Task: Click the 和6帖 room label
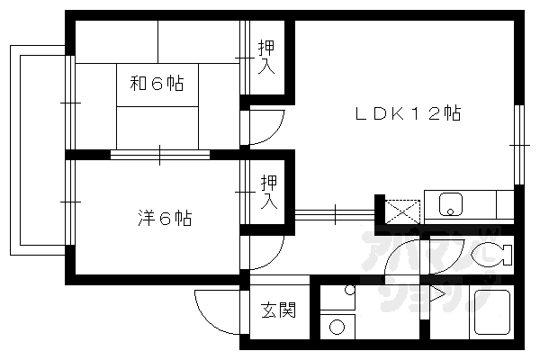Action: [x=157, y=84]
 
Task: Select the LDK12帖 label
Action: [x=407, y=114]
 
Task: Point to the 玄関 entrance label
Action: [x=278, y=311]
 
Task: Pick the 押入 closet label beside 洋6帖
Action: [x=267, y=192]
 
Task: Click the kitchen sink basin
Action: [x=450, y=206]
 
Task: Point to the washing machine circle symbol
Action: [x=337, y=325]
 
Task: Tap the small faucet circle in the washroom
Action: [x=347, y=290]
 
